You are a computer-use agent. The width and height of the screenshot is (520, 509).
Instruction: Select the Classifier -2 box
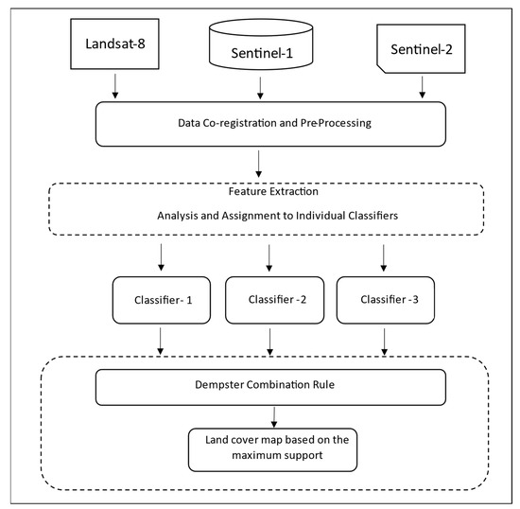(x=270, y=299)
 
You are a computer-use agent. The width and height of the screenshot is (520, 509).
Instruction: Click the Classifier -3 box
(x=385, y=299)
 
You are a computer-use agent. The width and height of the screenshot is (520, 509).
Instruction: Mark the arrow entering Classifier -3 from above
(x=384, y=255)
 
